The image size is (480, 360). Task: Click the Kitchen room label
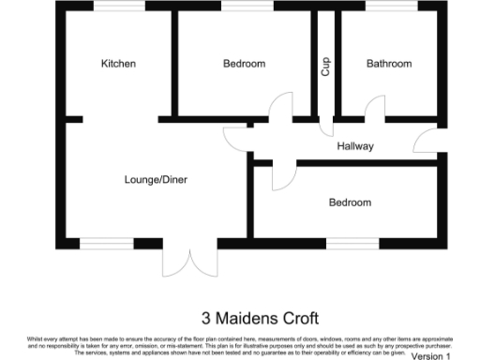click(119, 64)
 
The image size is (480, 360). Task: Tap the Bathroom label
click(389, 64)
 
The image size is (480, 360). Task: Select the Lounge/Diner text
click(157, 178)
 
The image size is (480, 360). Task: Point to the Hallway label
click(356, 146)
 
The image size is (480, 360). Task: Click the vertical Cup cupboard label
click(326, 67)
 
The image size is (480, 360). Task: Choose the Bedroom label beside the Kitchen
click(244, 64)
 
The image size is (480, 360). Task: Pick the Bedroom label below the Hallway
click(350, 202)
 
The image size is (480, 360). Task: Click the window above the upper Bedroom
click(246, 6)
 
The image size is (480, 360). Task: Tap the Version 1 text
click(431, 356)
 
